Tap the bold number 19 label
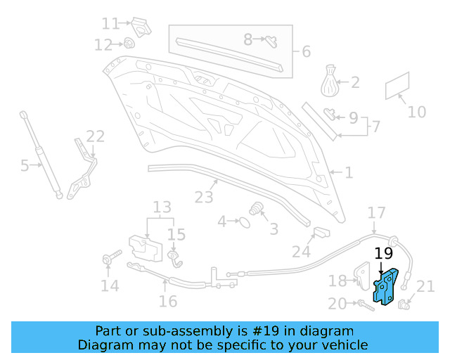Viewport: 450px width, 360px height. point(383,255)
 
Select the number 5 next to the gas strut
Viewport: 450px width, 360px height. point(25,166)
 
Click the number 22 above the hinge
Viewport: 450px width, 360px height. point(95,136)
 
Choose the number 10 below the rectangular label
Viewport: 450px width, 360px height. point(417,112)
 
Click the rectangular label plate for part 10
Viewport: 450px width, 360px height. point(397,86)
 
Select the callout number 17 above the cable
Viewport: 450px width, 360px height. point(377,212)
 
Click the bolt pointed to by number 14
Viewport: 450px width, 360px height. point(109,259)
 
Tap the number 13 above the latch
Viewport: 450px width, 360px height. point(162,207)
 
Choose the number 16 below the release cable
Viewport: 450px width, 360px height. point(168,302)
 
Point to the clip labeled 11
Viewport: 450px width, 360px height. point(142,27)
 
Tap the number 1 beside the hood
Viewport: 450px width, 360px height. point(349,172)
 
